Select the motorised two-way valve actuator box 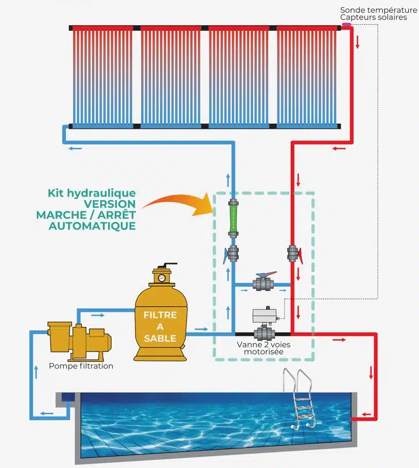tap(265, 315)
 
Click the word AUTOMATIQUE tap(93, 226)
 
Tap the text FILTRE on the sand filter tap(160, 315)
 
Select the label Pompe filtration tap(81, 366)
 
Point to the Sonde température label tap(378, 10)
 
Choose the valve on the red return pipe tap(293, 254)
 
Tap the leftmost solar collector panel tap(102, 76)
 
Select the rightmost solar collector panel tap(307, 76)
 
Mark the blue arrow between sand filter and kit tap(201, 328)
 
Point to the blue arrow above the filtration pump tap(98, 315)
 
